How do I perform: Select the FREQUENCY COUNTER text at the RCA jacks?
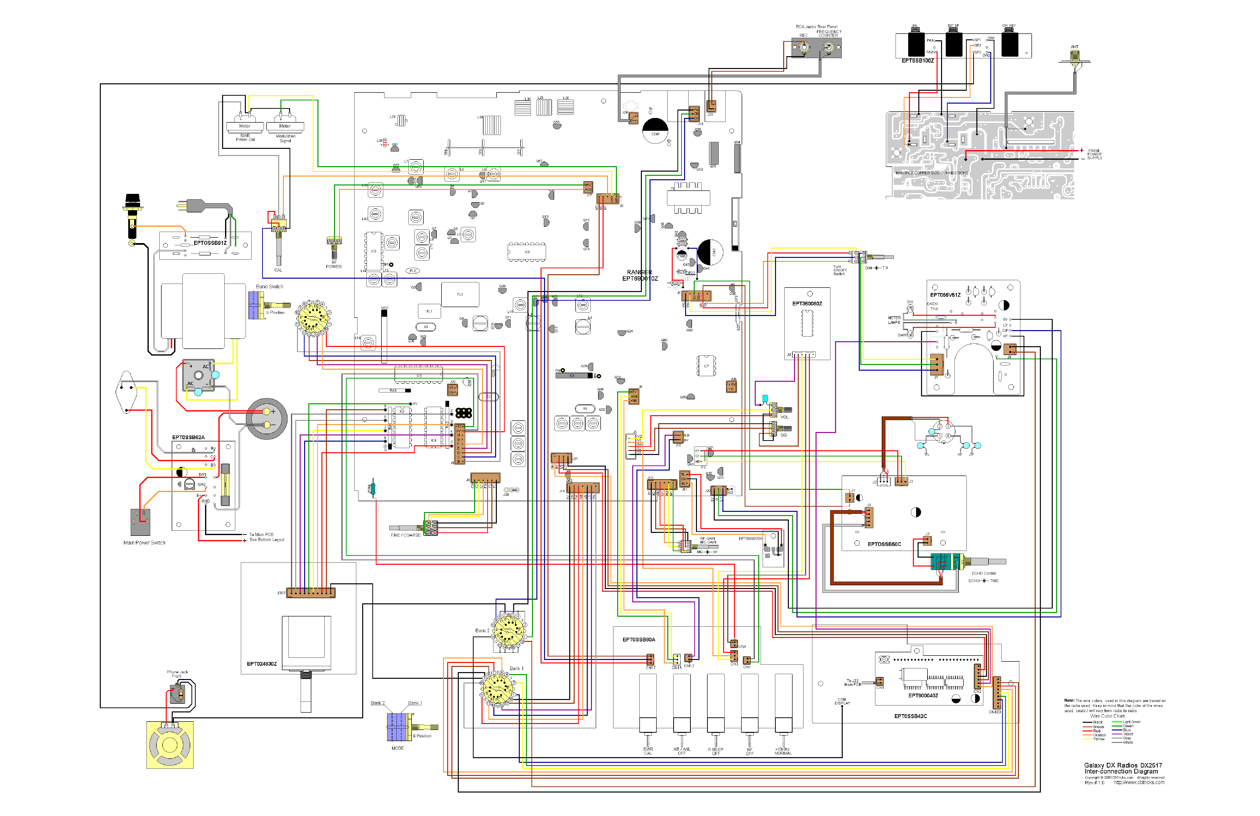pos(829,33)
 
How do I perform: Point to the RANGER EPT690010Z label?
pos(640,275)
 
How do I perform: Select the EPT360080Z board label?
pos(807,304)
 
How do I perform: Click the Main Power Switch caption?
pos(144,543)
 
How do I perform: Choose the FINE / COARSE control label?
pos(405,535)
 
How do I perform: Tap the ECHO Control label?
pos(983,573)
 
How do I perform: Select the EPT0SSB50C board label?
pos(884,544)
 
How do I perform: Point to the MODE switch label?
pos(398,748)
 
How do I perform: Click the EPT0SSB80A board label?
pos(638,639)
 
